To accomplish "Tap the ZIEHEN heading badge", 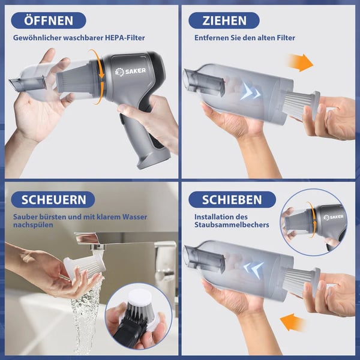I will point(224,20).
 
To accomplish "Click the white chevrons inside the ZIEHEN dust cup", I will point(251,92).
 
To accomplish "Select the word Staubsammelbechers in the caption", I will point(232,225).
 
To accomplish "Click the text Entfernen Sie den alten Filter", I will point(244,38).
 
